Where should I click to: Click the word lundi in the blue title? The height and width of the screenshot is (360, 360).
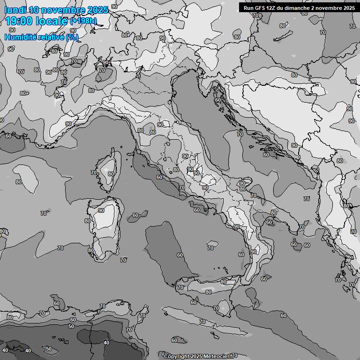(15, 10)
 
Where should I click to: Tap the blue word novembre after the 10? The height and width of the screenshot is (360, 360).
(62, 10)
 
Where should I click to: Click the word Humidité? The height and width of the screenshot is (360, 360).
(20, 37)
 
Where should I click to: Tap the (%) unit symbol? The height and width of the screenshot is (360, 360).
(72, 37)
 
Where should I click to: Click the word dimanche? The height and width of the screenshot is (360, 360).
(303, 8)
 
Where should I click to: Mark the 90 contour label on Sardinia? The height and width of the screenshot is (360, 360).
(101, 211)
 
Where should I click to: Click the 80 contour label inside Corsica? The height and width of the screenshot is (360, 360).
(111, 174)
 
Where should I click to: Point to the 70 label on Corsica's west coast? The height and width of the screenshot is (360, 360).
(93, 172)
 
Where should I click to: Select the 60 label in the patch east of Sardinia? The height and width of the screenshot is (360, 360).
(135, 216)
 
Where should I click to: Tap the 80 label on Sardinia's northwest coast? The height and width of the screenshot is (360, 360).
(88, 221)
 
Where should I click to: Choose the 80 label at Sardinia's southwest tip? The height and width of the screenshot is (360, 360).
(90, 250)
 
